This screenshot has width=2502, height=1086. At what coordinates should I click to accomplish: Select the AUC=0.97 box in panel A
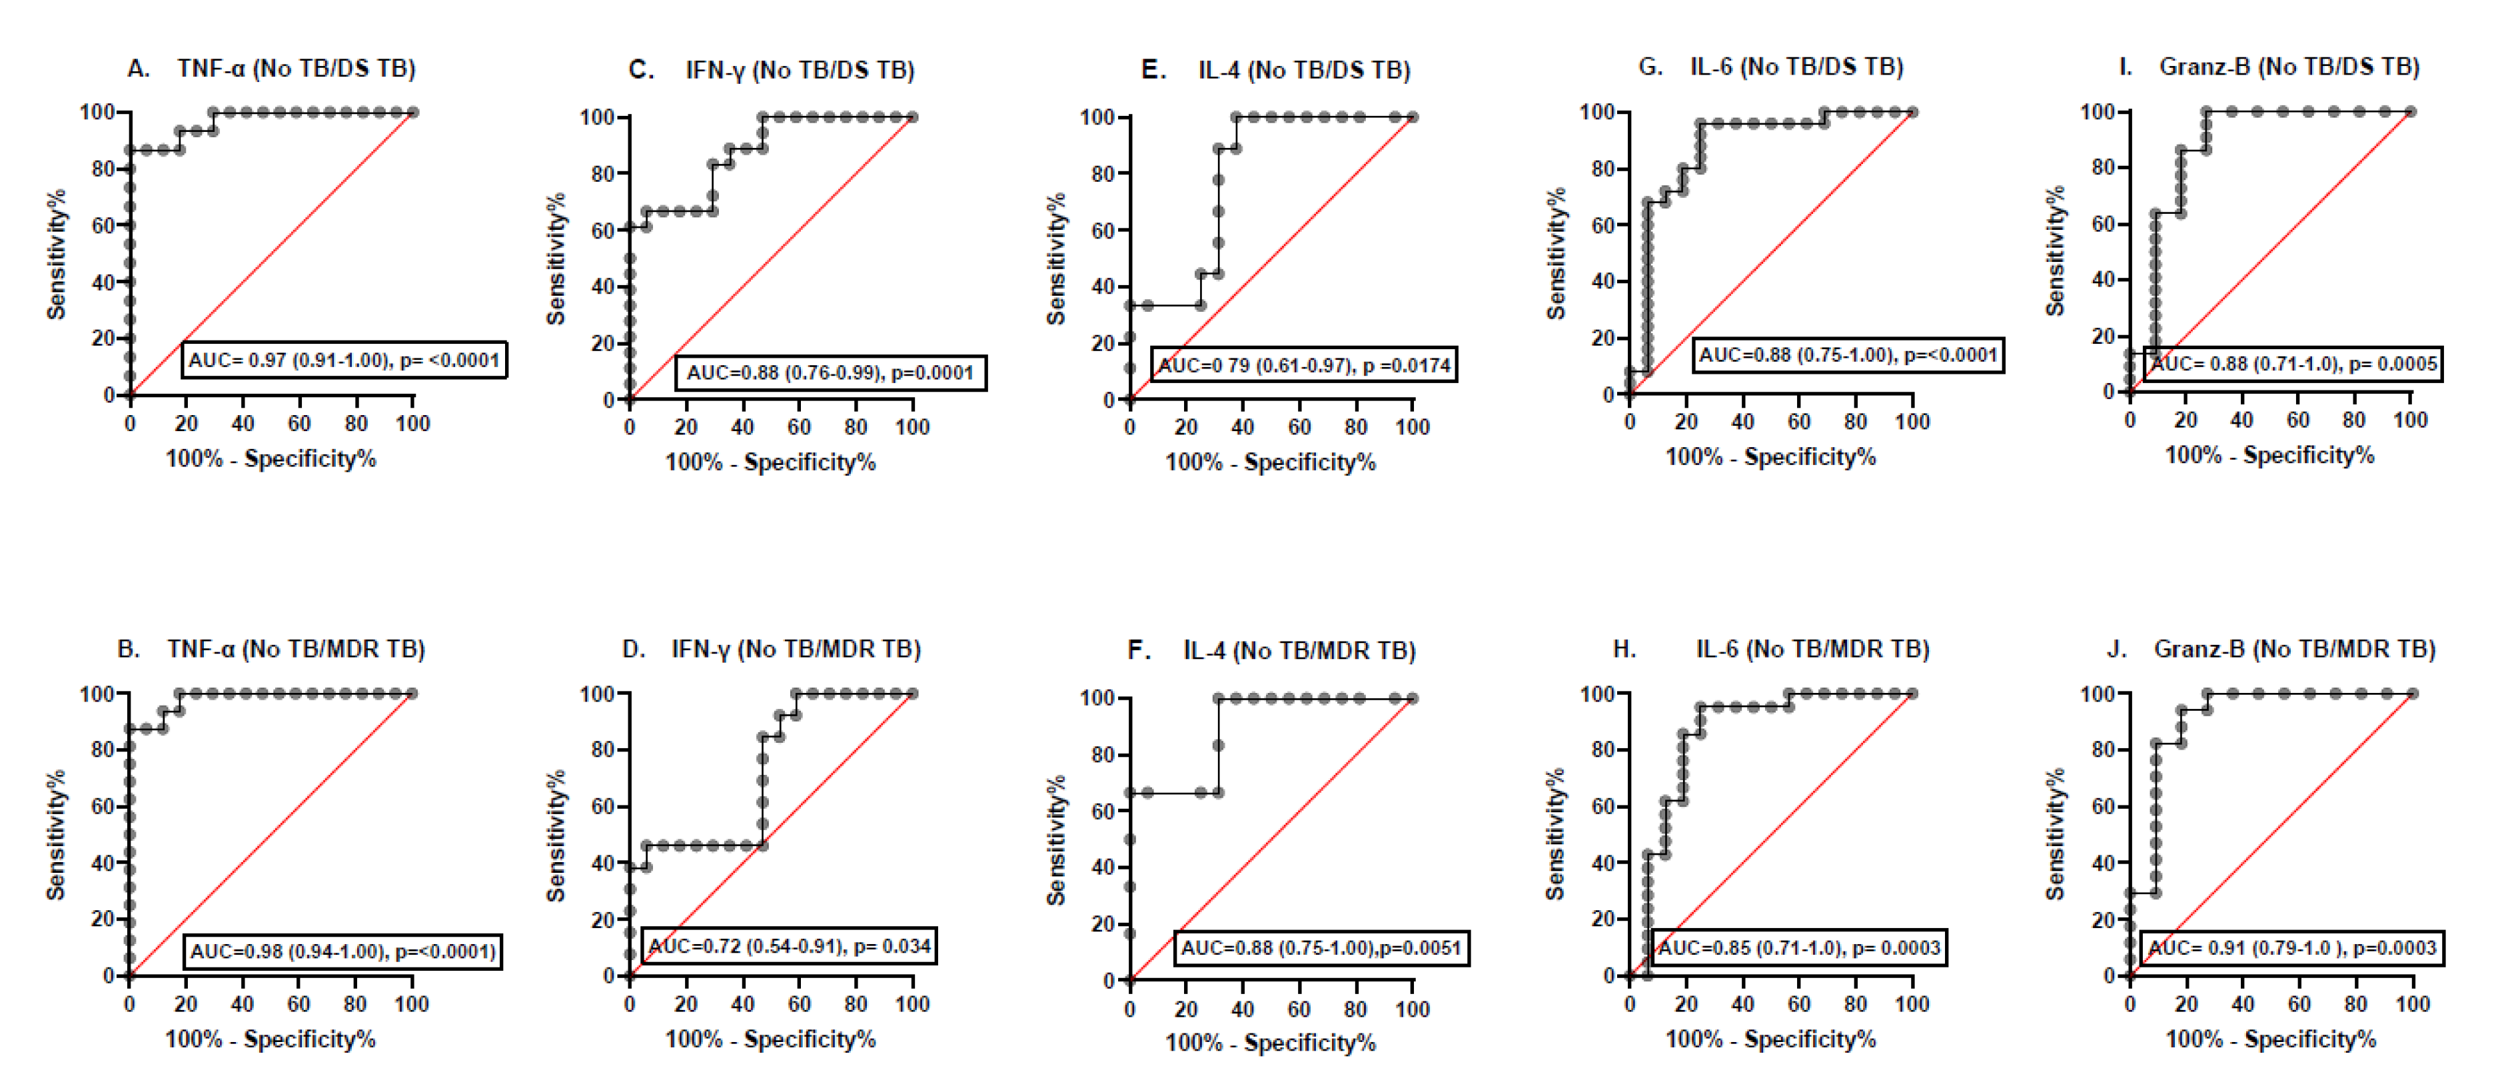pos(344,360)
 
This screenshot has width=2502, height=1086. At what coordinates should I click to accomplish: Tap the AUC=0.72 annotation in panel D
pos(789,946)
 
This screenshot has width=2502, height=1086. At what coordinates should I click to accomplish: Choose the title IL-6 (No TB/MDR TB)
pos(1812,649)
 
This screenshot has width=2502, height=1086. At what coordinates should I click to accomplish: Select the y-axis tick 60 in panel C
pos(602,231)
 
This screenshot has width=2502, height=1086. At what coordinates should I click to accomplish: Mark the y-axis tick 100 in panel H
pos(1596,694)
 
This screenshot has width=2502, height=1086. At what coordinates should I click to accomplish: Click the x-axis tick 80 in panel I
pos(2353,420)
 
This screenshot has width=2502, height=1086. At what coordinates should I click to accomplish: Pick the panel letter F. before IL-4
pos(1138,650)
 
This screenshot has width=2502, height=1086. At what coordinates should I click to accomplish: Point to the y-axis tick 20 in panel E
pos(1101,344)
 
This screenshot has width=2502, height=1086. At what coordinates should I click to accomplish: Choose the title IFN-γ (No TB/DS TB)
pos(800,71)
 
